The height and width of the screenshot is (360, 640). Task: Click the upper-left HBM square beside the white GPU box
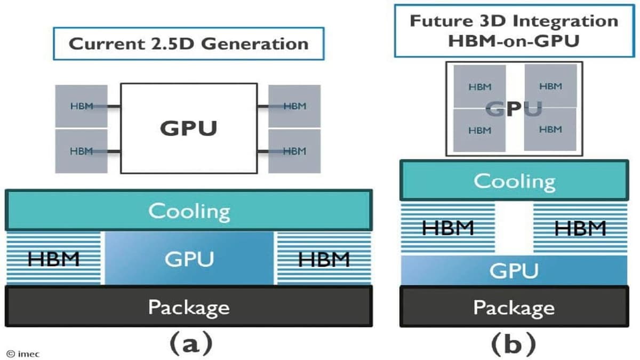[81, 106]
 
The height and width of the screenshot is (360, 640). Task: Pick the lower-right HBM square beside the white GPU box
[294, 151]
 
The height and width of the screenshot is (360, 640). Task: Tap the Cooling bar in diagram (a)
[188, 210]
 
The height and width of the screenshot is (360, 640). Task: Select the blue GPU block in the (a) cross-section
[189, 259]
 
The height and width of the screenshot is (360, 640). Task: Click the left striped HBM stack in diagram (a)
[53, 259]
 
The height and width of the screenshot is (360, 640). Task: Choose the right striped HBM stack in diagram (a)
[324, 259]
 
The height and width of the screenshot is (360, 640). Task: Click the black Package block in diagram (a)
[188, 306]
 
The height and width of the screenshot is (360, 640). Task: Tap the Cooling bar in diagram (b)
[514, 181]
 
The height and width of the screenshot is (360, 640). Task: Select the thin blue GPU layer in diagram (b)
[514, 270]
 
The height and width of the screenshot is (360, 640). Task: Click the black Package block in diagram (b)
[514, 307]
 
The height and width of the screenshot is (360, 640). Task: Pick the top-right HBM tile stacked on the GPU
[550, 85]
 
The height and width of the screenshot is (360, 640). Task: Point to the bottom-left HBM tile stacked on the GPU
[479, 130]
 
